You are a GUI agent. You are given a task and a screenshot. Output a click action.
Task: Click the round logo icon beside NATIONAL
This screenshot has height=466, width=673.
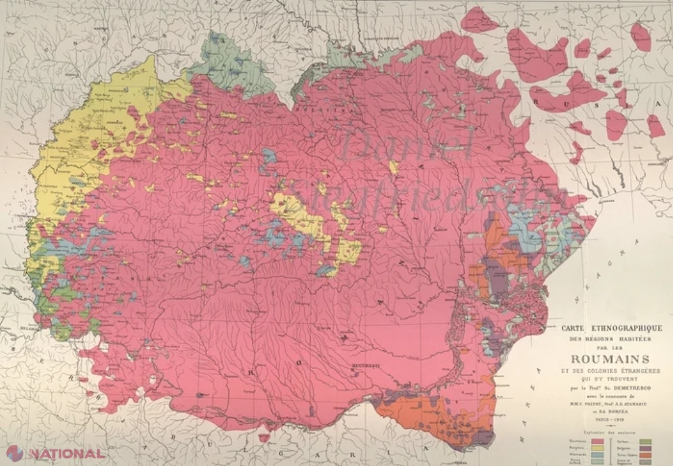coord(14,453)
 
